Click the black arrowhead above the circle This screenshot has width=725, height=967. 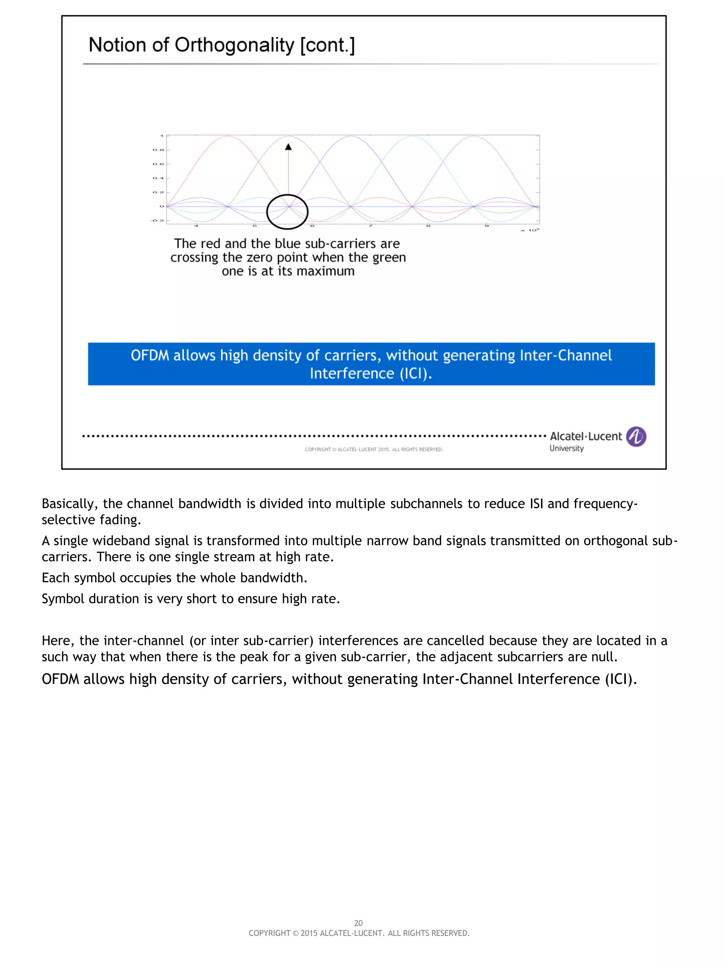(288, 147)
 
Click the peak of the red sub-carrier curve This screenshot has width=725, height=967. (227, 136)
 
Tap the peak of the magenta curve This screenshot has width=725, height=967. (473, 136)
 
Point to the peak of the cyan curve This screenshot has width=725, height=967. (412, 136)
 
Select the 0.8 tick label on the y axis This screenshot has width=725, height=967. (158, 150)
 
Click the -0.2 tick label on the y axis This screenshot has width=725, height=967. (157, 220)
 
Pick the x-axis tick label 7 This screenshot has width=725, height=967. (370, 226)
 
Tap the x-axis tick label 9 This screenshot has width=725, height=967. (486, 226)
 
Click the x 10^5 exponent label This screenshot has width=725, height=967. (530, 230)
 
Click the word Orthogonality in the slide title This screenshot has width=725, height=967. (235, 45)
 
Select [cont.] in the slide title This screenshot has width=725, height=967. (327, 45)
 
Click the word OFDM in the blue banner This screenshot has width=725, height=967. (150, 355)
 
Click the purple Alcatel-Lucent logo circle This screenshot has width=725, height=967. (636, 436)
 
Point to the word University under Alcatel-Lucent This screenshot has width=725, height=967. (566, 449)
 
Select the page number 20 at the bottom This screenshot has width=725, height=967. (358, 923)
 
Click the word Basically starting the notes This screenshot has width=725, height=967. (69, 504)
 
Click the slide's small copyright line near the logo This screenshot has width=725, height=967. (373, 449)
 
